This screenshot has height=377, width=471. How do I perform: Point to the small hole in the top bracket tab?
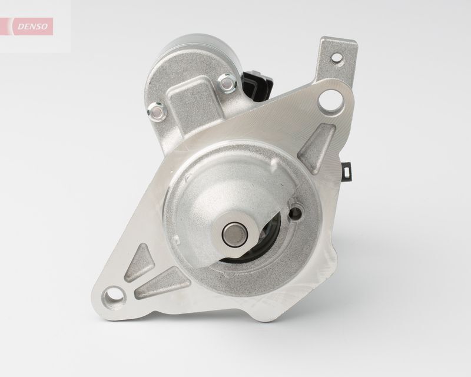pos(337,59)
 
